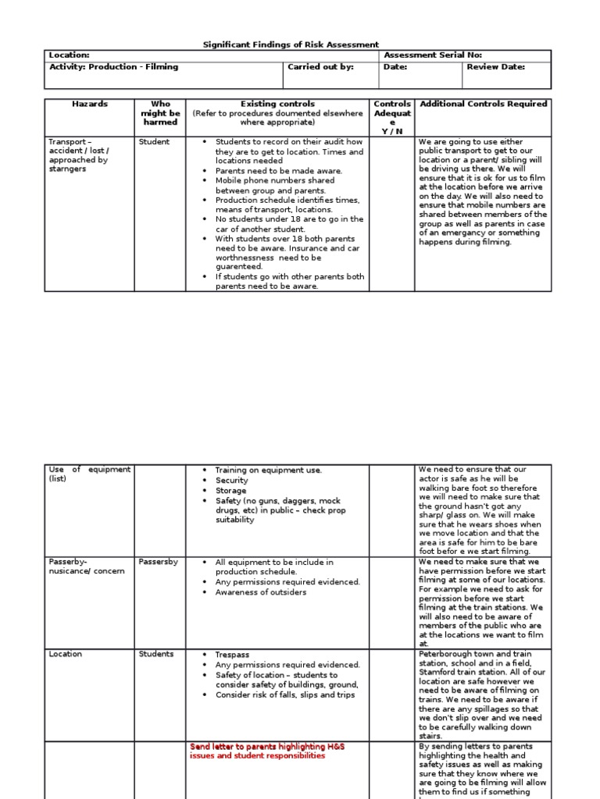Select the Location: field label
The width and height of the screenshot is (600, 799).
click(70, 55)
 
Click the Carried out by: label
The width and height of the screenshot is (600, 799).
click(320, 67)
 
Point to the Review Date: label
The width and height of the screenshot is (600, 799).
click(495, 67)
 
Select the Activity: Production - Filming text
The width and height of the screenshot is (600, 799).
click(114, 67)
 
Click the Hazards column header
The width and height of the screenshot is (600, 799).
click(90, 104)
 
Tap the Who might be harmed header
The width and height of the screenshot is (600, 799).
click(160, 113)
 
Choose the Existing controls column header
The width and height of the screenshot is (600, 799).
click(277, 104)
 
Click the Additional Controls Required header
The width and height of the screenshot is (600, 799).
click(484, 104)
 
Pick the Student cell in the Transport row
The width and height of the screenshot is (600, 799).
click(154, 142)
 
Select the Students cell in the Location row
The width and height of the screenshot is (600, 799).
click(156, 654)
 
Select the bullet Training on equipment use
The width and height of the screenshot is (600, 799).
click(268, 470)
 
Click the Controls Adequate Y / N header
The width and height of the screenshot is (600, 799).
click(392, 117)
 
